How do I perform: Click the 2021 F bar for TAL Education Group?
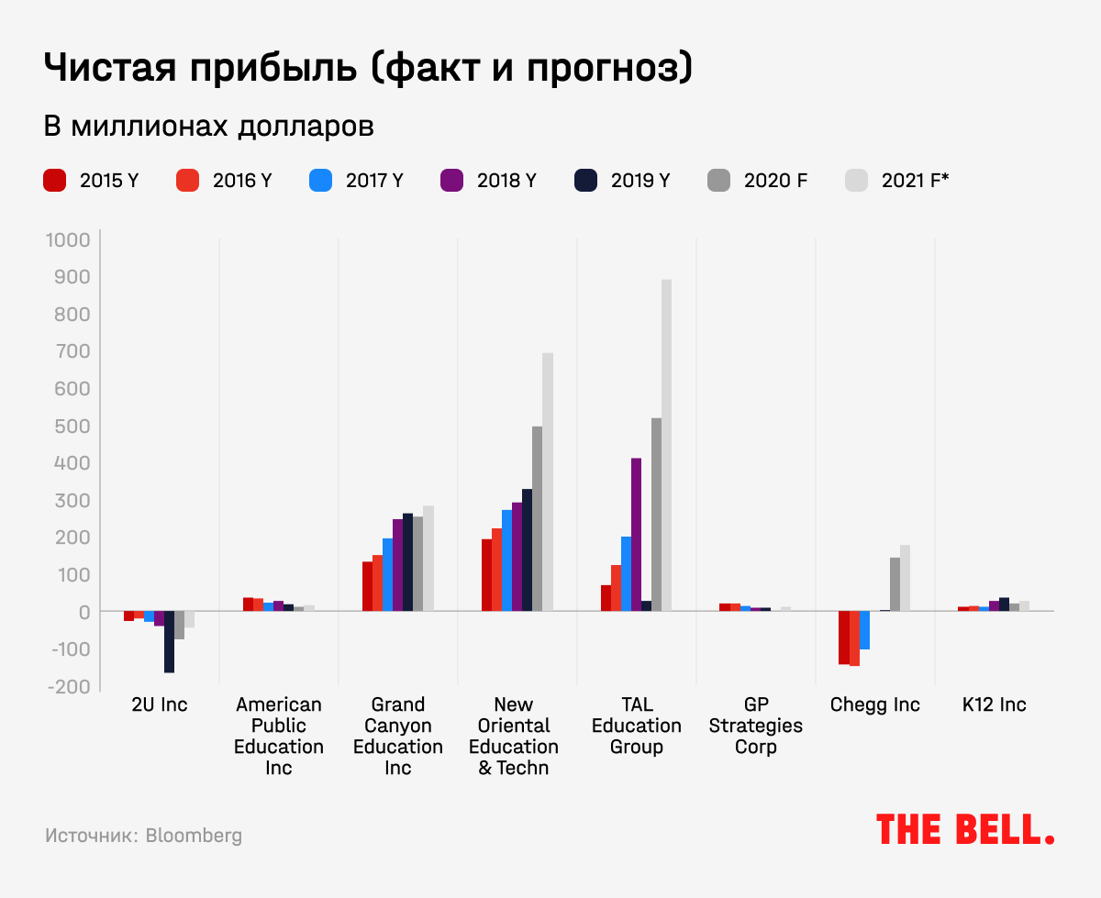tap(666, 445)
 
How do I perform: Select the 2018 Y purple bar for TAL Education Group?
tap(636, 534)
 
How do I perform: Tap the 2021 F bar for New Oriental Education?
tap(548, 482)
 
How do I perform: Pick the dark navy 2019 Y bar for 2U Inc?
tap(169, 641)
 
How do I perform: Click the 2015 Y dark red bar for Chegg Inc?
tap(844, 637)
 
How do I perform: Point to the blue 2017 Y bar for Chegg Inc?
tap(864, 629)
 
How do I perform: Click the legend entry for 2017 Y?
tap(359, 181)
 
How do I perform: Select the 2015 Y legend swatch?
tap(54, 181)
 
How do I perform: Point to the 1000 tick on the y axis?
tap(67, 240)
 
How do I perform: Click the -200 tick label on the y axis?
tap(67, 686)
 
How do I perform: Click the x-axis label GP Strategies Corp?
tap(756, 726)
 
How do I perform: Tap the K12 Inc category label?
tap(995, 704)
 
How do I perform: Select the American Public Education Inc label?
tap(279, 736)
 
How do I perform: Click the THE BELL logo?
tap(965, 829)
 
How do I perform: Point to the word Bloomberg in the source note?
tap(194, 836)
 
